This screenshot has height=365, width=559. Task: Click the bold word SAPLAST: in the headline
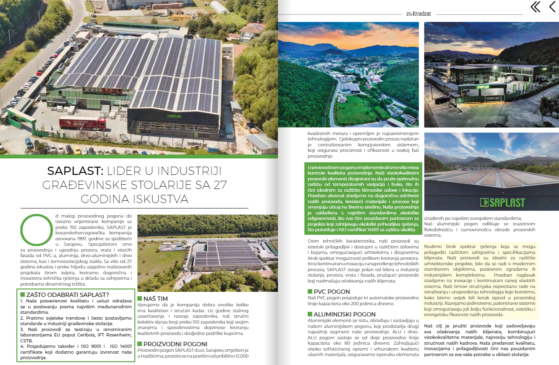pyautogui.click(x=75, y=171)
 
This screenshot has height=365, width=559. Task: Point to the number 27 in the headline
pyautogui.click(x=220, y=185)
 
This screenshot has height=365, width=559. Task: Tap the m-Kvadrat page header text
pyautogui.click(x=418, y=14)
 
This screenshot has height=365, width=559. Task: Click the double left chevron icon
pyautogui.click(x=535, y=7)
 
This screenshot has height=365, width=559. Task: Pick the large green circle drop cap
pyautogui.click(x=36, y=230)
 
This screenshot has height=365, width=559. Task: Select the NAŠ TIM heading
pyautogui.click(x=155, y=298)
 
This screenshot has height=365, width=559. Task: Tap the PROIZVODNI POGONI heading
pyautogui.click(x=175, y=344)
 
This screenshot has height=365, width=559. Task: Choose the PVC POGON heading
pyautogui.click(x=332, y=291)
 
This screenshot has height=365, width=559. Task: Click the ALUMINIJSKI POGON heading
pyautogui.click(x=344, y=314)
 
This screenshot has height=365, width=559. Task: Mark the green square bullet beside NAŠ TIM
pyautogui.click(x=140, y=298)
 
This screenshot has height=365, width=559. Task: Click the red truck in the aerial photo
pyautogui.click(x=82, y=124)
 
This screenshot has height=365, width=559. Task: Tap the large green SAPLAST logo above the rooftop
pyautogui.click(x=502, y=203)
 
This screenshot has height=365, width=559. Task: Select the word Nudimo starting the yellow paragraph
pyautogui.click(x=433, y=246)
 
